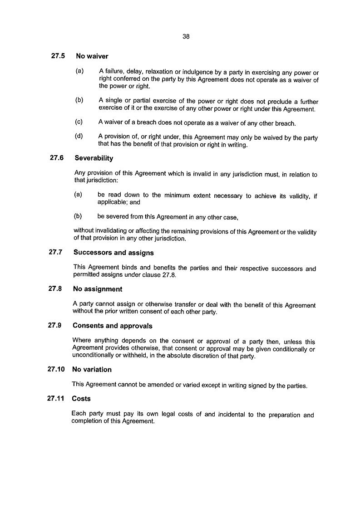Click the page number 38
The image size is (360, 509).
(186, 37)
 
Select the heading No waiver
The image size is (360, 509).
(92, 57)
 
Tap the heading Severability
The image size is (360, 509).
(94, 158)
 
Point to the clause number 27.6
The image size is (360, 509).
(58, 158)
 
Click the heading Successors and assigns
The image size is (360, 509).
(113, 253)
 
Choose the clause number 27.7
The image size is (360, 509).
(57, 252)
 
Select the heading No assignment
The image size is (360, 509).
(98, 289)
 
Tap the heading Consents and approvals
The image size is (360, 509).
(112, 326)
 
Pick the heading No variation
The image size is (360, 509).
(92, 370)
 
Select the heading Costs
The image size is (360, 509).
(81, 399)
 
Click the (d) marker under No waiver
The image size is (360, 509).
(79, 136)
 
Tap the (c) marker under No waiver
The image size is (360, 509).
(79, 122)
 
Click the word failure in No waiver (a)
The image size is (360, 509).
(114, 73)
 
